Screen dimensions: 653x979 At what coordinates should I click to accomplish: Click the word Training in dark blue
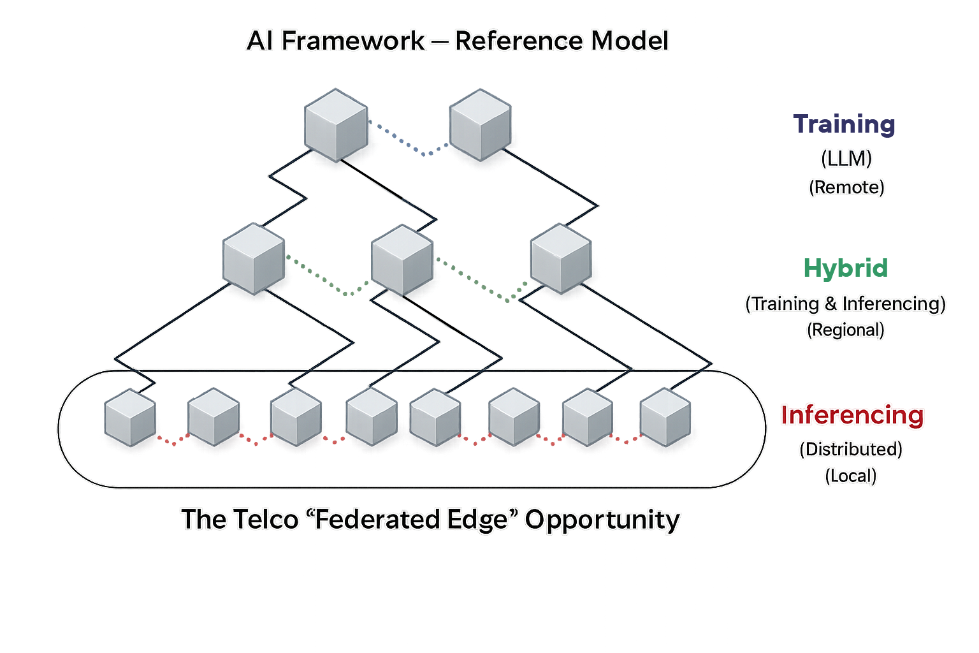(844, 124)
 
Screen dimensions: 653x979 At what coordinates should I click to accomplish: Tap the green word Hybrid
(845, 268)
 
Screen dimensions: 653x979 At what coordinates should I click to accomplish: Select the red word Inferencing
(852, 415)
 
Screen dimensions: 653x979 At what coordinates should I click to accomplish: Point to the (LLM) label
(846, 158)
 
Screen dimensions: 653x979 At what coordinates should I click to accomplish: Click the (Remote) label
(846, 187)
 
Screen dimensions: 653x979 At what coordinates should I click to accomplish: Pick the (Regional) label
(846, 330)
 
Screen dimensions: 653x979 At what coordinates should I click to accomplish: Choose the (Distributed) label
(851, 450)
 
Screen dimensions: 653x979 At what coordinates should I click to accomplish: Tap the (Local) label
(851, 476)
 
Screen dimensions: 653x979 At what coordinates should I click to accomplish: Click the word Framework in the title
(352, 41)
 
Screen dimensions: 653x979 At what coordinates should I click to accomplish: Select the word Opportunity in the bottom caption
(602, 520)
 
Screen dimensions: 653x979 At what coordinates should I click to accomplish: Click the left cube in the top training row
(336, 125)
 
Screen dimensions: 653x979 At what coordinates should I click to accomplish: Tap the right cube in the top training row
(480, 125)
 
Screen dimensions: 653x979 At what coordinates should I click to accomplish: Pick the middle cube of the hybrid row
(402, 260)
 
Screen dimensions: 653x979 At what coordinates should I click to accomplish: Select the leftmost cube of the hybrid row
(254, 258)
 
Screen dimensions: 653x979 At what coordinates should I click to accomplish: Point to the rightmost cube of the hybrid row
(561, 258)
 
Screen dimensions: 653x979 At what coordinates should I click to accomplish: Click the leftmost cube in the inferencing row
(130, 418)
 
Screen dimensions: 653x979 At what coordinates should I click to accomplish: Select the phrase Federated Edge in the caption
(411, 520)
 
